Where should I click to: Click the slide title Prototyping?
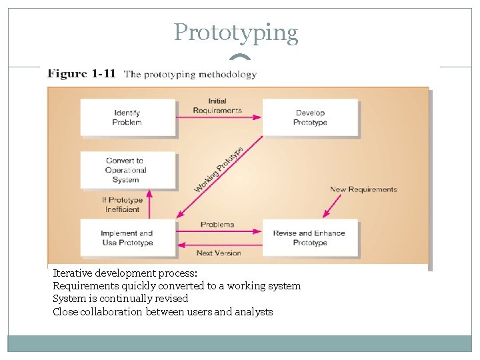(236, 32)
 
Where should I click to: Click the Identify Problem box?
(127, 118)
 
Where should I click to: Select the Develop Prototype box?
(310, 118)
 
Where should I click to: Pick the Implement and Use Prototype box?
(127, 238)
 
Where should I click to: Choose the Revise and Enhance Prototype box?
(309, 238)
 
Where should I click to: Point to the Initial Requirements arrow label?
(217, 106)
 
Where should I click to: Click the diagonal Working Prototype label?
(219, 170)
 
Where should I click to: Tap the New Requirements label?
(363, 189)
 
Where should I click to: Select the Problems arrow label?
(217, 225)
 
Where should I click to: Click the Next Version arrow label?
(219, 253)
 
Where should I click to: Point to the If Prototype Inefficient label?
(123, 205)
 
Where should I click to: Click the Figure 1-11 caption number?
(81, 74)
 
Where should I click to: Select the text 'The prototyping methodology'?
(190, 75)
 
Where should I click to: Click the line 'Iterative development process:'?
(125, 273)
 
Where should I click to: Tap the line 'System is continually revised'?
(121, 299)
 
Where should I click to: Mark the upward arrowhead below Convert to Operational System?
(149, 194)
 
